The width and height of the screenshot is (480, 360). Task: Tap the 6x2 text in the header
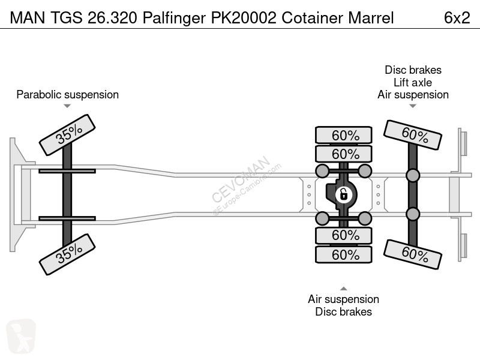point(457,18)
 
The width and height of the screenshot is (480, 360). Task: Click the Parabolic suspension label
point(67,94)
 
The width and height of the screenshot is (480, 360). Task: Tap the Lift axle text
point(413,82)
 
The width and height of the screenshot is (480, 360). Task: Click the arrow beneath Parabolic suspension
point(67,106)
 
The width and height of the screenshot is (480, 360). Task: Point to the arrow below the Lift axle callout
point(413,106)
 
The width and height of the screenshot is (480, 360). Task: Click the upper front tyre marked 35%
point(67,134)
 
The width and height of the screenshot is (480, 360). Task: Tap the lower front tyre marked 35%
point(67,254)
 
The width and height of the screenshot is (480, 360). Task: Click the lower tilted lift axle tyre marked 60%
point(413,254)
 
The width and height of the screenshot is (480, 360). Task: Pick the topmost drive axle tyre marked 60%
point(344,134)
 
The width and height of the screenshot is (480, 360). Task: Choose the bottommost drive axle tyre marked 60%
point(344,254)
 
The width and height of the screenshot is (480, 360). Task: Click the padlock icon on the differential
point(343,194)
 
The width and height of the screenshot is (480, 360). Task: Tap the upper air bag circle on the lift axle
point(413,175)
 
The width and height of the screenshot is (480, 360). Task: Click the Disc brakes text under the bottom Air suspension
point(343,311)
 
